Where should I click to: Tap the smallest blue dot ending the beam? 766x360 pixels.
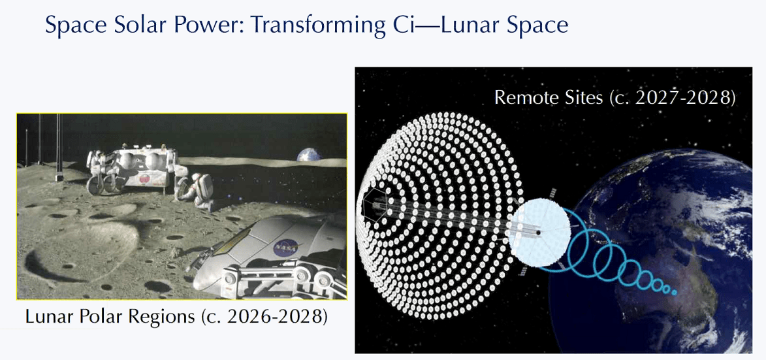click(674, 292)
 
